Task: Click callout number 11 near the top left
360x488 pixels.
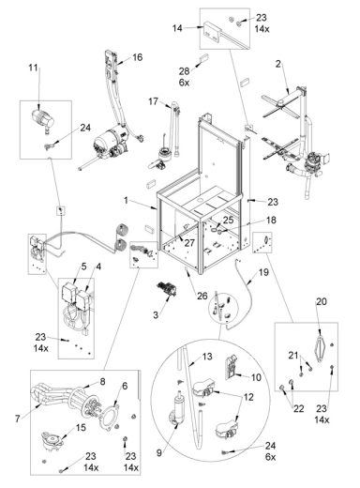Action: [35, 68]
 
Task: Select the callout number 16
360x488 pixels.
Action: [137, 58]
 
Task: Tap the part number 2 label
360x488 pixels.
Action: [277, 64]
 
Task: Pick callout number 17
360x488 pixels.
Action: [152, 101]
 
